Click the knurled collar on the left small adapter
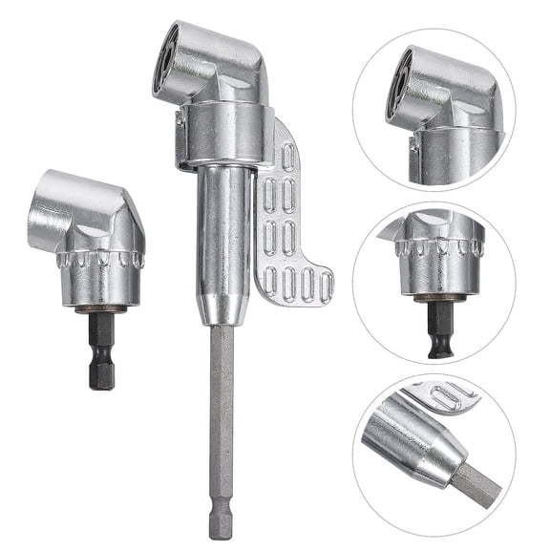coord(100,261)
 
